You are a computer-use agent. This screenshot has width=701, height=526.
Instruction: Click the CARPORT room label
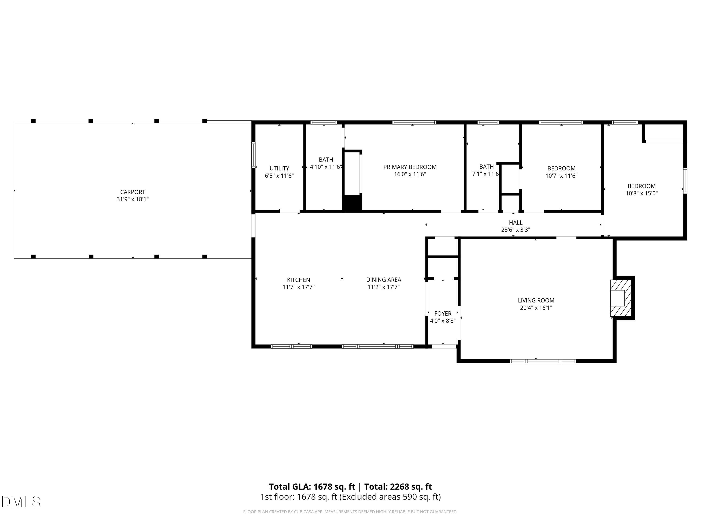click(132, 192)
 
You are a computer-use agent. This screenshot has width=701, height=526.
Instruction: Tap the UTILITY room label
click(279, 168)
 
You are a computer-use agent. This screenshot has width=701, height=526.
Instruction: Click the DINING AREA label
click(383, 280)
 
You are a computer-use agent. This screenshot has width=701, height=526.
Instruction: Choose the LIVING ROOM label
click(536, 300)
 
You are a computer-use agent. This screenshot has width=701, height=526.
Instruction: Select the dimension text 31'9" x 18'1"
click(132, 199)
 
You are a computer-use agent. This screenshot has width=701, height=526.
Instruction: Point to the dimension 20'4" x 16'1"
click(536, 308)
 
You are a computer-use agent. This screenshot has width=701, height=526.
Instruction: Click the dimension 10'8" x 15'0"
click(641, 193)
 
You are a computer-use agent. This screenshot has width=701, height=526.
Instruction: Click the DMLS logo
click(21, 502)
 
